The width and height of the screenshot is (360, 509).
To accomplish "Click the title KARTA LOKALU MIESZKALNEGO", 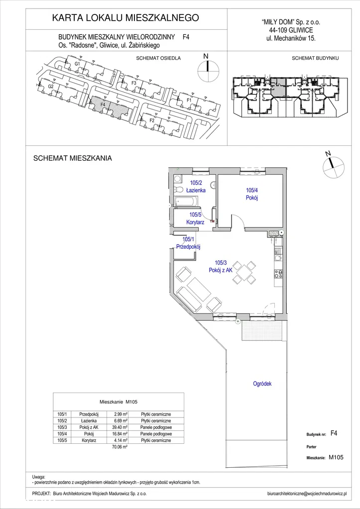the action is (125, 17).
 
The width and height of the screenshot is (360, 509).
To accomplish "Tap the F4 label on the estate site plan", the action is (103, 104).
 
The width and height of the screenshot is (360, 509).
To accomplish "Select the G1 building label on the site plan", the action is (77, 64).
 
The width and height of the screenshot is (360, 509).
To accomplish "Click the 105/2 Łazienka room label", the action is (196, 187).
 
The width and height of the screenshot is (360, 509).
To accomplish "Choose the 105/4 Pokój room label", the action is (252, 194).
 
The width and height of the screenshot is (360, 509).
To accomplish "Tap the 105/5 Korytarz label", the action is (195, 218).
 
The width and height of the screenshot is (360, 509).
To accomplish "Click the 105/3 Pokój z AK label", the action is (220, 266).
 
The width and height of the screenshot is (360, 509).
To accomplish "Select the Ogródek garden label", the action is (262, 384).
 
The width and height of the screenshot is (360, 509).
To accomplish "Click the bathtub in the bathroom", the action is (186, 202).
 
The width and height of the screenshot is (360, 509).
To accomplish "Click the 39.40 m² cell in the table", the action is (120, 427).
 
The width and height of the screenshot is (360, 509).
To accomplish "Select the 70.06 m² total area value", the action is (120, 447).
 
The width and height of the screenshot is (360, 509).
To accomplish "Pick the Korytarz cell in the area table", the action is (89, 440).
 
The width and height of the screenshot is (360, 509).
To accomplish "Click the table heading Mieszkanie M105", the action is (119, 402).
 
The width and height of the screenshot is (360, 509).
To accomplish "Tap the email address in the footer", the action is (307, 494).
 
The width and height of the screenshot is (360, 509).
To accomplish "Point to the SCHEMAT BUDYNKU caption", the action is (315, 58).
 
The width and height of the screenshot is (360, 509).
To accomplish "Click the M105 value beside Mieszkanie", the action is (336, 457).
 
